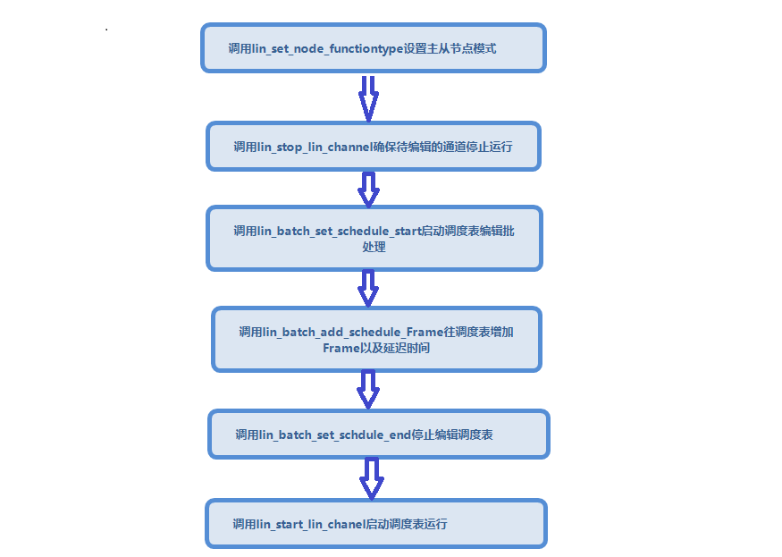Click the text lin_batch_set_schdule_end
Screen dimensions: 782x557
(334, 435)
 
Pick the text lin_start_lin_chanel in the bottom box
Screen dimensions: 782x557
(311, 525)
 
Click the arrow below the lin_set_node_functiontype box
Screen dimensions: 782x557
(368, 99)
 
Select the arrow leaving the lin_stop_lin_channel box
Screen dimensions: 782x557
(368, 190)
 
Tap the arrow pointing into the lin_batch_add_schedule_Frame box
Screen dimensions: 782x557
(368, 288)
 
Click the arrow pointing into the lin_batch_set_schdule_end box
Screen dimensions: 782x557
(368, 389)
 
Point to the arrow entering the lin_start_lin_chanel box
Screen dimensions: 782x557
(372, 478)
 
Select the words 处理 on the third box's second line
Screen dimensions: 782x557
(374, 247)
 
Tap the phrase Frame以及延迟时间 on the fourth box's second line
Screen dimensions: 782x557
(376, 349)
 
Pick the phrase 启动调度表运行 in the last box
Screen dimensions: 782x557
(407, 525)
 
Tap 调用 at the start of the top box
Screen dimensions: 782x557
(240, 49)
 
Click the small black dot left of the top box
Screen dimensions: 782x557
(106, 30)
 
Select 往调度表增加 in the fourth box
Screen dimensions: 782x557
(478, 333)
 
